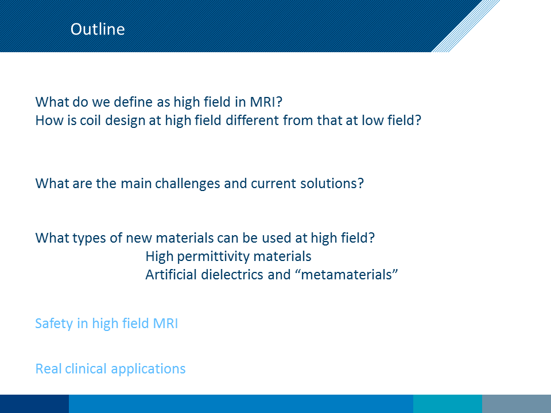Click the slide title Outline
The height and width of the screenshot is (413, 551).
pos(98,29)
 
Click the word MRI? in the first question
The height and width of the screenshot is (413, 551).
pos(266,102)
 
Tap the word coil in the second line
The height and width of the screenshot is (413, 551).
pos(91,120)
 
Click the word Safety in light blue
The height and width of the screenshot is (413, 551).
pos(54,324)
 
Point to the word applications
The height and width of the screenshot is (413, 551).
pos(148,369)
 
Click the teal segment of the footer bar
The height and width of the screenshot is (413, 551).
pos(447,404)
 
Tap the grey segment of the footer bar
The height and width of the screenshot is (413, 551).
pos(516,404)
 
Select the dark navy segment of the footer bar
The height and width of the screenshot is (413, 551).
pos(34,404)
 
